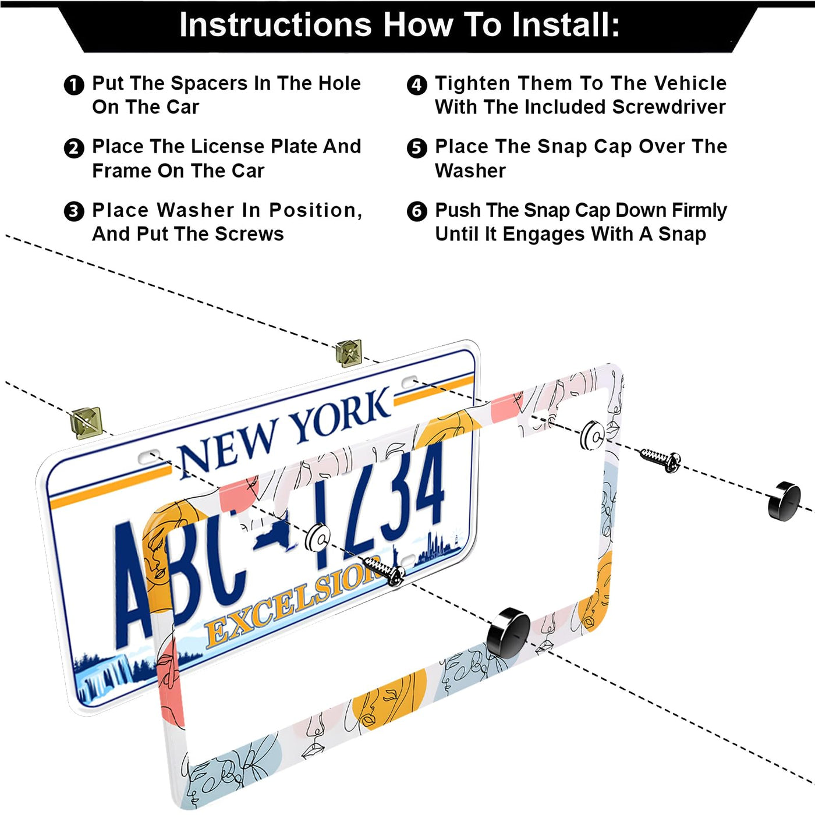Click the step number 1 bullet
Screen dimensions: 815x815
[x=73, y=85]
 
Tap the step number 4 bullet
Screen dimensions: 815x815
[x=417, y=85]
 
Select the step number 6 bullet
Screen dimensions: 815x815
[x=417, y=211]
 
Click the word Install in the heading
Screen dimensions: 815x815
[x=565, y=24]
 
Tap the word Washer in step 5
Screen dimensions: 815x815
[x=470, y=171]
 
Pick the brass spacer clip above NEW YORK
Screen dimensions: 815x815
[x=349, y=353]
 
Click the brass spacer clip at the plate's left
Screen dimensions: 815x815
[x=87, y=423]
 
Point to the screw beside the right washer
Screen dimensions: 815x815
[x=660, y=459]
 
